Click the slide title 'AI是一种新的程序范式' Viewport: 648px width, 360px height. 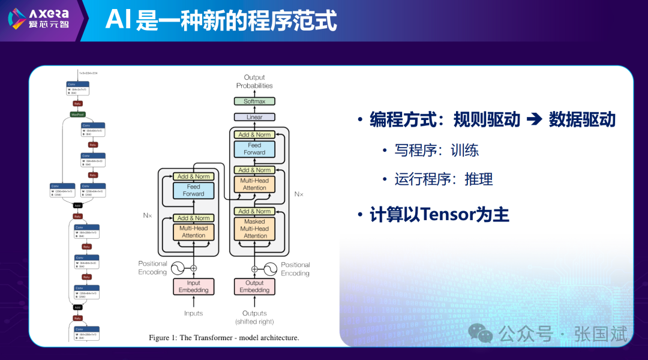tap(221, 20)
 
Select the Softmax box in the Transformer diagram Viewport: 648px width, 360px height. tap(254, 101)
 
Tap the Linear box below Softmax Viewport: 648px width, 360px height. tap(254, 117)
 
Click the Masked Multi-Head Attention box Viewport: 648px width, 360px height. tap(254, 229)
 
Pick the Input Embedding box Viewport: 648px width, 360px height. tap(193, 286)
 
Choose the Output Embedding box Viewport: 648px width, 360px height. tap(254, 286)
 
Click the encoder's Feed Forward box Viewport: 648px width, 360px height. tap(193, 190)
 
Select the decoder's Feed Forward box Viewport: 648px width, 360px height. tap(254, 149)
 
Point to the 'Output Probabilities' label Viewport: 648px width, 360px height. tap(254, 82)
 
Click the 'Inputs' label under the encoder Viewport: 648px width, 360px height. tap(193, 313)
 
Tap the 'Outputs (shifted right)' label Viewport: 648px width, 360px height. tap(254, 317)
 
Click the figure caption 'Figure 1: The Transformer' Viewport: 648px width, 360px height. tap(224, 338)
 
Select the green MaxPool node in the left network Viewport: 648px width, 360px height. tap(77, 114)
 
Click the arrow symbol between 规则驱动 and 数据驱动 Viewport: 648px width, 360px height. tap(534, 119)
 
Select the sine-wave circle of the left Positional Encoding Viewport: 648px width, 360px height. tap(178, 268)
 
